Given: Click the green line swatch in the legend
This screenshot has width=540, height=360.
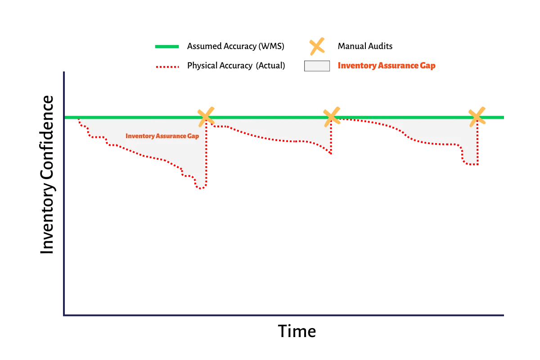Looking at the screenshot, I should point(167,47).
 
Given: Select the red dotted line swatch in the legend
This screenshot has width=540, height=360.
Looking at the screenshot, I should point(167,67).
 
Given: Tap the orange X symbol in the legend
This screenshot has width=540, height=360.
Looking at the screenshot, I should point(317,46).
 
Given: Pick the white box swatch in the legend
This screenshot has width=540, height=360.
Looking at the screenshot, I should point(317,66).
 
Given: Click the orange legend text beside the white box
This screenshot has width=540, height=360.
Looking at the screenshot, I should point(386,66).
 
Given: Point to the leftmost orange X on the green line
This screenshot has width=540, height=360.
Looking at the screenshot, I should point(206,116).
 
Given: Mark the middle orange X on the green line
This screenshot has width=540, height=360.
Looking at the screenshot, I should point(332,116).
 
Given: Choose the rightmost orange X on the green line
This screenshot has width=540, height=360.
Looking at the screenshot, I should point(477,116).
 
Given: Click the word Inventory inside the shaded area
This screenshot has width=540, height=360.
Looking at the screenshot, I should point(140,136).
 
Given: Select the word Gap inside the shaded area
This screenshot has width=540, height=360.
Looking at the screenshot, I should point(193,136).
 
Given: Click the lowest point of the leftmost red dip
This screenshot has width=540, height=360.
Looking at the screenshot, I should point(201,189).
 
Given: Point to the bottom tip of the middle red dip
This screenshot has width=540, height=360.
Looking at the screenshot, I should point(330,153).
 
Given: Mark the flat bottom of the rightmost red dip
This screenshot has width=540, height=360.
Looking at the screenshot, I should point(471,165).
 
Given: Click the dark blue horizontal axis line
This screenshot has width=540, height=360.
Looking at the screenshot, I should point(283,315).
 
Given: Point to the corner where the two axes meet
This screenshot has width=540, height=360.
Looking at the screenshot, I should point(64,315).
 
